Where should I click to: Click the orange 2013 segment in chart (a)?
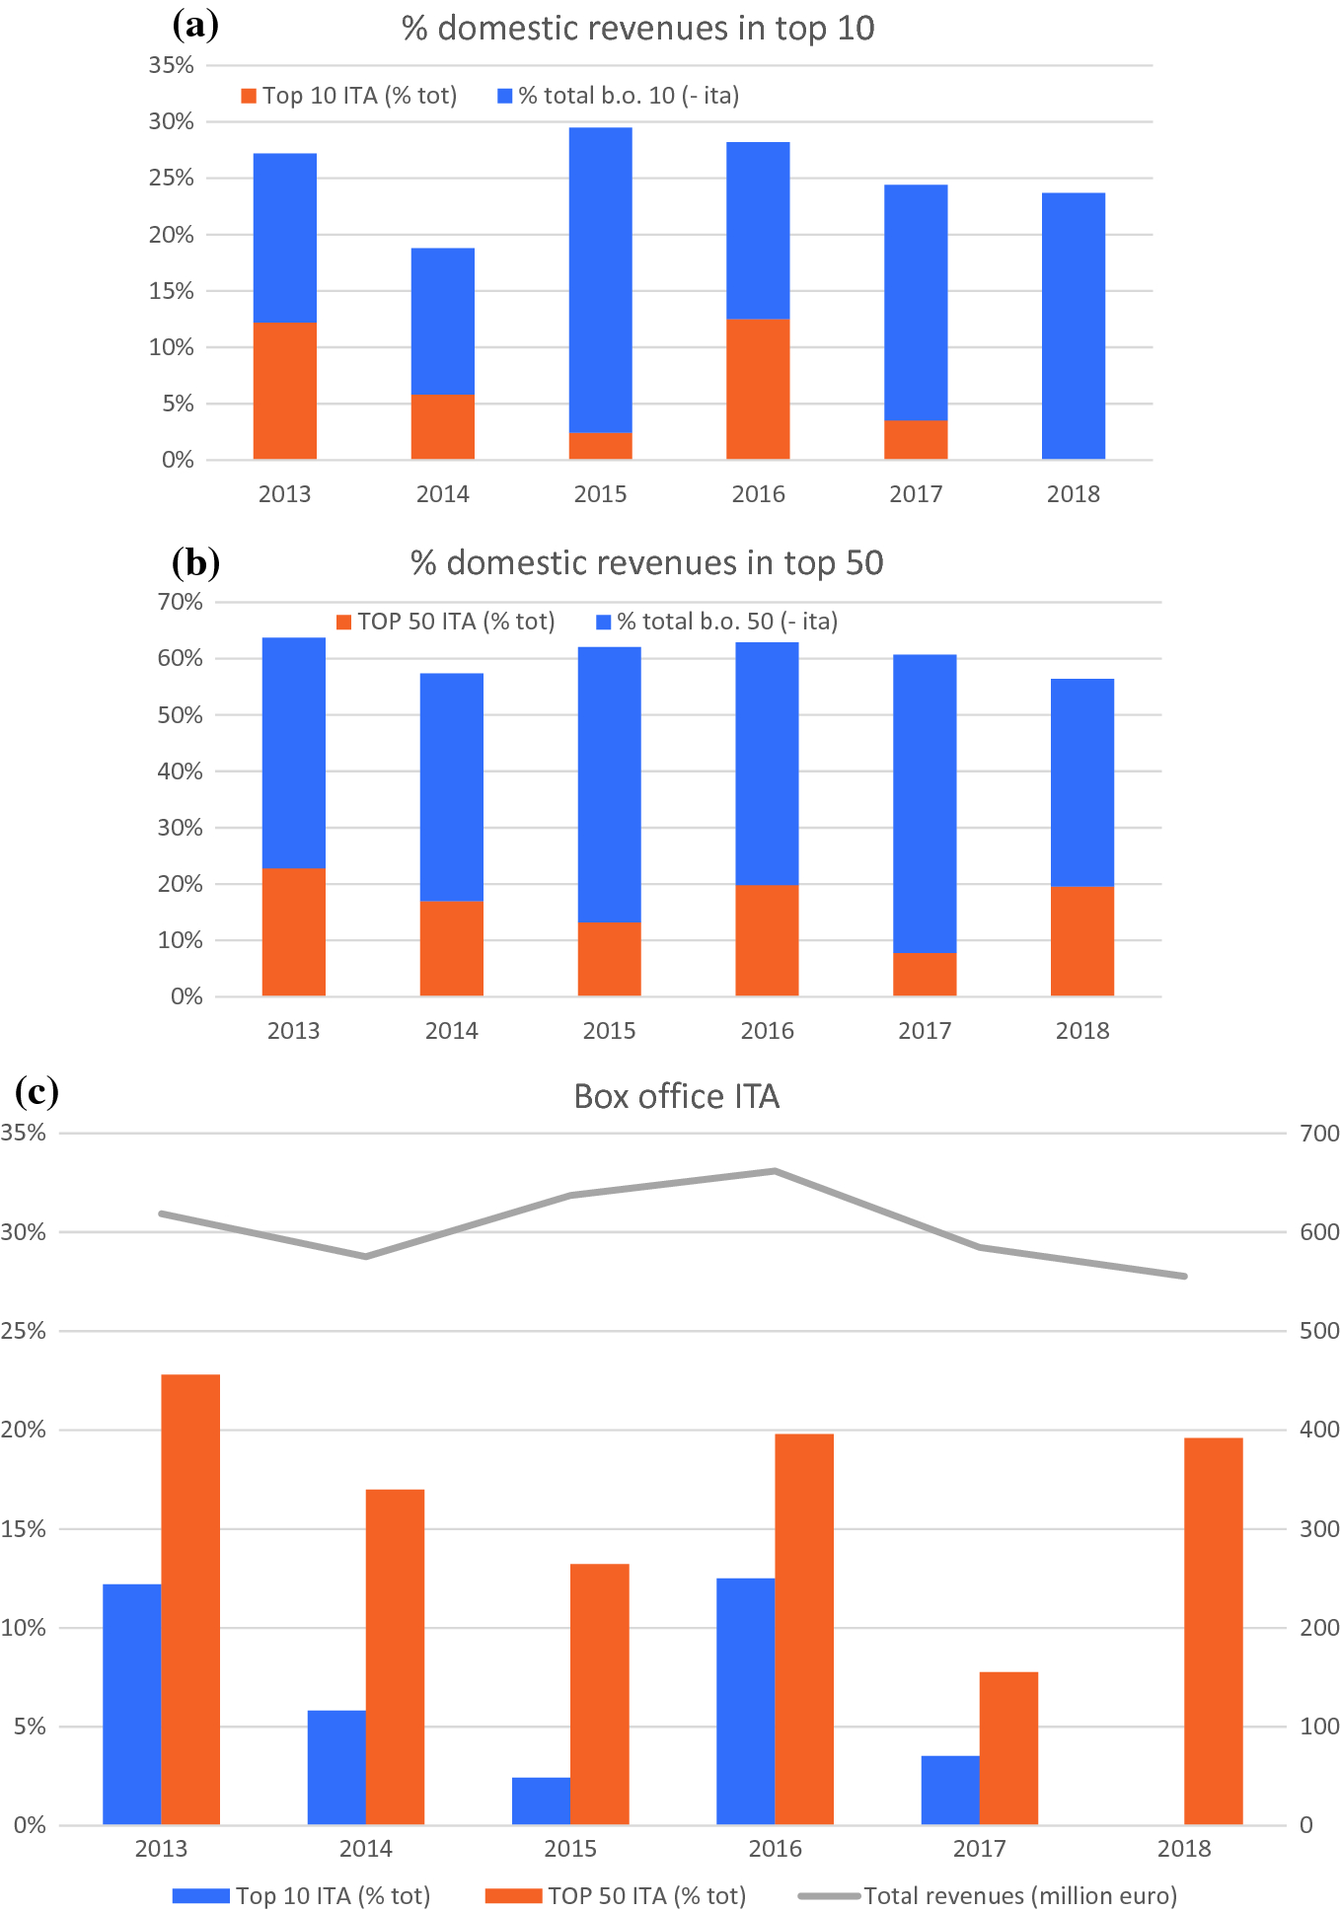point(284,391)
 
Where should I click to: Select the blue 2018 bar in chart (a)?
point(1073,326)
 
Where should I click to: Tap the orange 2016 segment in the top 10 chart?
point(758,389)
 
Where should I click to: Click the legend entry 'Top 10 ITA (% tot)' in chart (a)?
point(349,96)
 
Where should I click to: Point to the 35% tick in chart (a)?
point(171,65)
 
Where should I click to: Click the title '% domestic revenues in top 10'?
point(637,29)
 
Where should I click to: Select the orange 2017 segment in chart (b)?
point(925,974)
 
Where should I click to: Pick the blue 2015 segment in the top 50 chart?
point(609,784)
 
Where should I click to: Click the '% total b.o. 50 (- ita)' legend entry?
point(717,622)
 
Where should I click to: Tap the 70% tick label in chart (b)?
point(180,602)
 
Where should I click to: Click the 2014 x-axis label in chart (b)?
point(451,1031)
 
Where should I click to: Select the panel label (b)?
point(195,562)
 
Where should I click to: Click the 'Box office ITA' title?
point(676,1097)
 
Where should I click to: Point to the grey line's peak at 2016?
point(775,1171)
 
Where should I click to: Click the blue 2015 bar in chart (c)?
point(541,1801)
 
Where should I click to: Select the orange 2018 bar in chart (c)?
point(1213,1631)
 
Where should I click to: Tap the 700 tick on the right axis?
point(1318,1134)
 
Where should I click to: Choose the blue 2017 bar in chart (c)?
point(949,1790)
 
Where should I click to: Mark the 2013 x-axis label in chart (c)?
point(161,1848)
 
